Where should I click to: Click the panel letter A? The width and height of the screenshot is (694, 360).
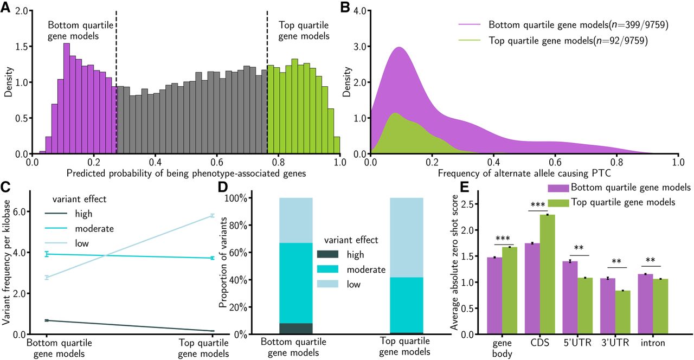click(x=5, y=7)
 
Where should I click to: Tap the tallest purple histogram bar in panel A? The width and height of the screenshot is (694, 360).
click(x=67, y=99)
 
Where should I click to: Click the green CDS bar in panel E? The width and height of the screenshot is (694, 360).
click(x=547, y=274)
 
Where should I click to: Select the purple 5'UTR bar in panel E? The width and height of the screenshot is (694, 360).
click(x=570, y=298)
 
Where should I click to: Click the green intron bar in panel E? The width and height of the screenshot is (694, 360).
click(x=660, y=307)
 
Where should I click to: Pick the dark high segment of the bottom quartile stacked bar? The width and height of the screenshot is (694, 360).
click(x=296, y=329)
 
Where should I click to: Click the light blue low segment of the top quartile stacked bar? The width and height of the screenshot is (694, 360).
click(x=407, y=237)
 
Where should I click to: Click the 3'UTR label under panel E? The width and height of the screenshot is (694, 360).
click(x=615, y=343)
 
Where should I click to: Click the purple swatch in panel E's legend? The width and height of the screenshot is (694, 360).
click(x=558, y=188)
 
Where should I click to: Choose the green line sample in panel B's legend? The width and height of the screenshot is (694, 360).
click(x=470, y=40)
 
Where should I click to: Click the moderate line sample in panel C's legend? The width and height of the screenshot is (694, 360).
click(x=56, y=228)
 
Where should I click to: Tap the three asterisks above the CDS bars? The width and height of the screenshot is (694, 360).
click(x=538, y=205)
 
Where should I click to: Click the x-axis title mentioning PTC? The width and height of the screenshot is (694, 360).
click(x=524, y=173)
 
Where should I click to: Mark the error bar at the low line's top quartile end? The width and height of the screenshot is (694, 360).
click(x=213, y=215)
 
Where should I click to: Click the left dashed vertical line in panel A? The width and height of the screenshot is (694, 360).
click(x=116, y=82)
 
